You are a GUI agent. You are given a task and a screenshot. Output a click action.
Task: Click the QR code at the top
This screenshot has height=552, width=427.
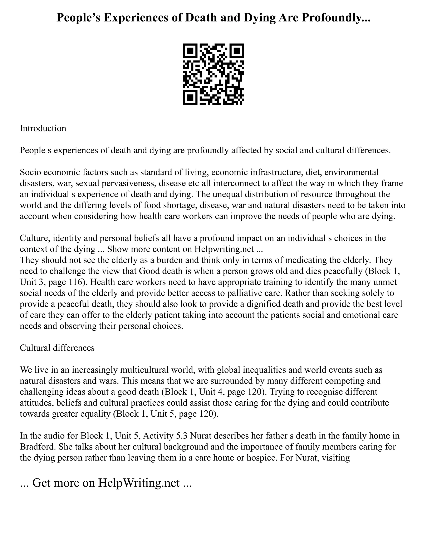(x=213, y=74)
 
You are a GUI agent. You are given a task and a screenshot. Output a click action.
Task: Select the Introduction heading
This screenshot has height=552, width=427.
(x=43, y=128)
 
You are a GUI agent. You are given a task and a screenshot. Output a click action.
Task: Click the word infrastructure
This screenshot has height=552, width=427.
(x=276, y=172)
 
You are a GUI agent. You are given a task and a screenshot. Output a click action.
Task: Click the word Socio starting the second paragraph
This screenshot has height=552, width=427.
(x=31, y=172)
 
